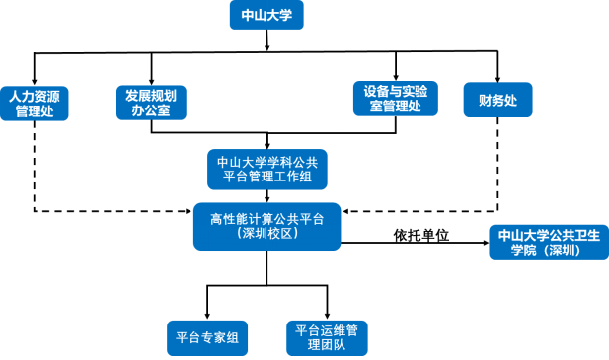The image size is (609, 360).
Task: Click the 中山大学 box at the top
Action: pyautogui.click(x=266, y=15)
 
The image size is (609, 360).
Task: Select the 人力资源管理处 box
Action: pyautogui.click(x=34, y=104)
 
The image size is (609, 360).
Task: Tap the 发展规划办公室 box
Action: pyautogui.click(x=150, y=103)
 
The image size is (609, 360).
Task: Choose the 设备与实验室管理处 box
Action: pyautogui.click(x=395, y=99)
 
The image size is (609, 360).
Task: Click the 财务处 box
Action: pyautogui.click(x=497, y=100)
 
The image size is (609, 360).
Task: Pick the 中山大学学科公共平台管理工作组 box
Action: pyautogui.click(x=267, y=169)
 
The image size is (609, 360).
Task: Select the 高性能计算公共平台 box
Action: pyautogui.click(x=266, y=226)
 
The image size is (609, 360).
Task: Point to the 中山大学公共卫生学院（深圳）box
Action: pyautogui.click(x=549, y=243)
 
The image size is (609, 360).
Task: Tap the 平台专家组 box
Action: pyautogui.click(x=207, y=337)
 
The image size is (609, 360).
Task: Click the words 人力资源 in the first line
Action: pyautogui.click(x=34, y=97)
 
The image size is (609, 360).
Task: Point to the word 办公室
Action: pyautogui.click(x=150, y=111)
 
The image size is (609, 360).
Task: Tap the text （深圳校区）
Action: pyautogui.click(x=266, y=234)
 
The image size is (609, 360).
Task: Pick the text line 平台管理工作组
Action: pyautogui.click(x=267, y=177)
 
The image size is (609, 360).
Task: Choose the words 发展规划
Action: pyautogui.click(x=150, y=95)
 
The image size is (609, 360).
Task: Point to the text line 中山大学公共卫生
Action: pyautogui.click(x=549, y=235)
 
